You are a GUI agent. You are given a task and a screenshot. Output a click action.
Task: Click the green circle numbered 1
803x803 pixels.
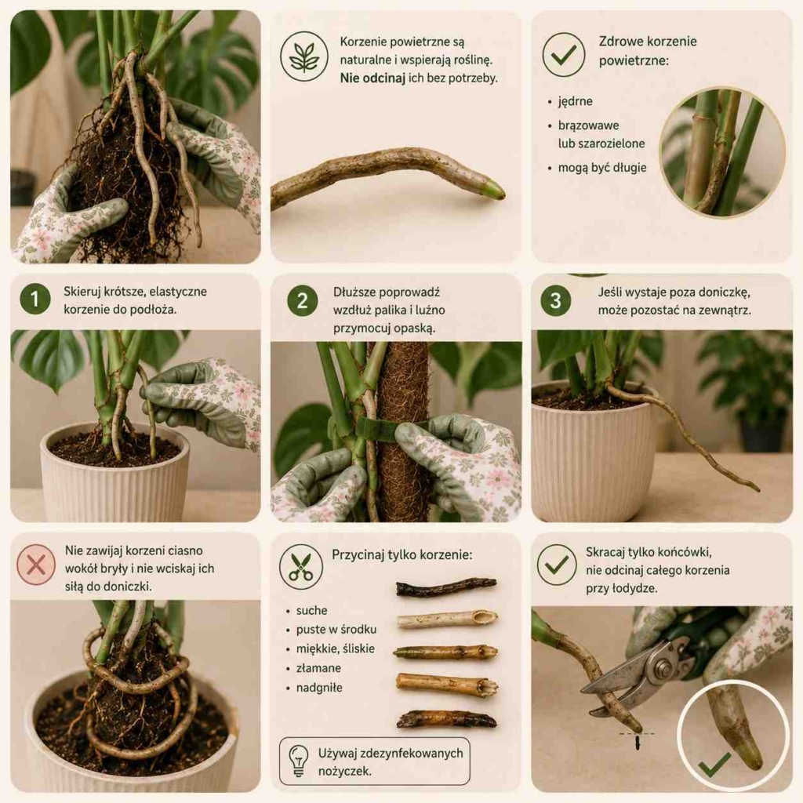click(35, 299)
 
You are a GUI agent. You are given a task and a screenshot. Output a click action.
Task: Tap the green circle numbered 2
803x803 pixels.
click(302, 300)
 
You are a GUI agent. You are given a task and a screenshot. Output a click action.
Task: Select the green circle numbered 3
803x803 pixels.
click(556, 300)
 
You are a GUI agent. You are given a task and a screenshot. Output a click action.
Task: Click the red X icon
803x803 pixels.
click(36, 565)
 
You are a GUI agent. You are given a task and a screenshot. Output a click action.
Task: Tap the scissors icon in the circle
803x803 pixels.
click(300, 566)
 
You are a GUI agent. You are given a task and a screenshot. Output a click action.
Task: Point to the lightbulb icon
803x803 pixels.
click(299, 761)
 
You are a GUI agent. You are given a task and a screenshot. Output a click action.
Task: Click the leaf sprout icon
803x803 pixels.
click(304, 56)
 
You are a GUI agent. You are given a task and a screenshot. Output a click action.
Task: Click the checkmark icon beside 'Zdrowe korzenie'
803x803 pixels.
click(563, 54)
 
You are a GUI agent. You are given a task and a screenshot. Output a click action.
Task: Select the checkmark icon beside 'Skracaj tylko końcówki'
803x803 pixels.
click(557, 565)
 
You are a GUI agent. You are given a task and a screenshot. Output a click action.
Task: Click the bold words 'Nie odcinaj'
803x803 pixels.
click(372, 78)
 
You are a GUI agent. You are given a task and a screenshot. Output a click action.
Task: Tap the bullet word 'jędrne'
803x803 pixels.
click(575, 101)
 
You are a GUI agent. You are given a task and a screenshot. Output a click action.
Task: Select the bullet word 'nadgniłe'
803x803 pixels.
click(319, 688)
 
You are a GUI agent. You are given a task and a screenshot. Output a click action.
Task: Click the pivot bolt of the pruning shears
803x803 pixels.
click(663, 668)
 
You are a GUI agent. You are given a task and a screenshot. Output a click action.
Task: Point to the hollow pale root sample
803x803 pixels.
click(446, 620)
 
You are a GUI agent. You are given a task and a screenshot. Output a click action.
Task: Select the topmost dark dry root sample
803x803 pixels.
click(445, 587)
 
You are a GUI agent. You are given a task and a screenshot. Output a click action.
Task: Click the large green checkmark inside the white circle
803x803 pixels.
click(714, 764)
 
